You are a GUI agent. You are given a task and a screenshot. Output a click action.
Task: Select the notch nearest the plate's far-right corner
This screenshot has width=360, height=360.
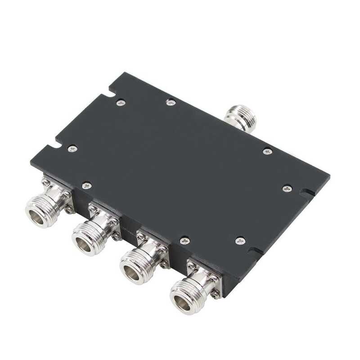(307, 194)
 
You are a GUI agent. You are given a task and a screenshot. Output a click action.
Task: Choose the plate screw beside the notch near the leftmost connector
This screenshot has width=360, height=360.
(71, 148)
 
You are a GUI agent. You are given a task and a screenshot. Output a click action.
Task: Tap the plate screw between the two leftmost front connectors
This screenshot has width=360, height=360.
(87, 184)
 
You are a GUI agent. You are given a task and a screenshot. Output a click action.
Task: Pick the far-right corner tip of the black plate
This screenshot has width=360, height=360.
(330, 176)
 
